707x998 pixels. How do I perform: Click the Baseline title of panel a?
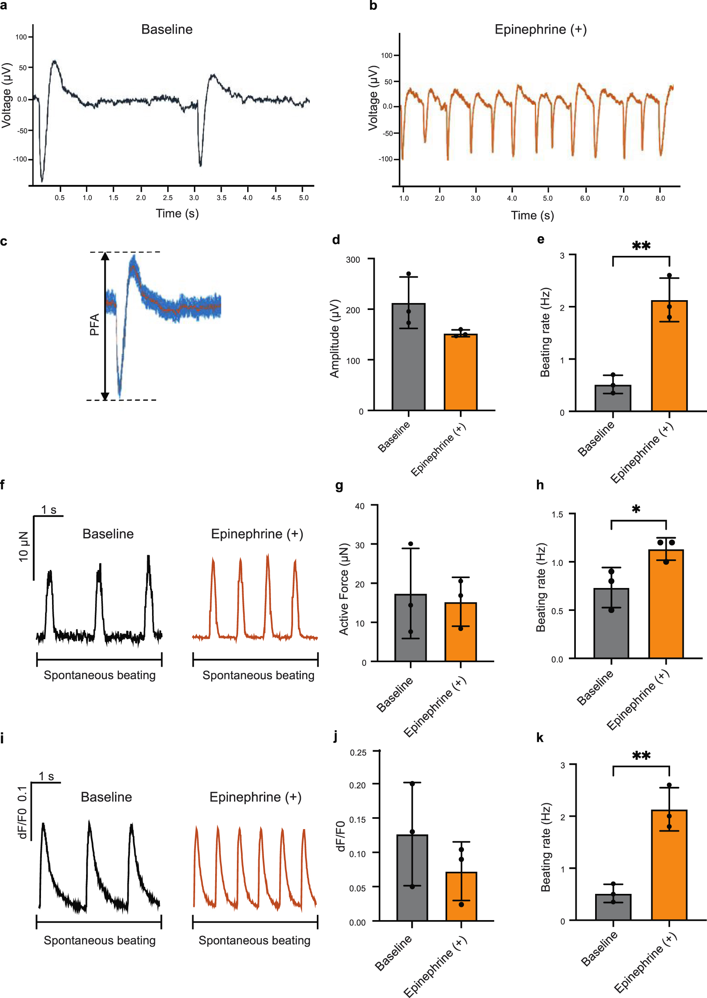click(x=167, y=30)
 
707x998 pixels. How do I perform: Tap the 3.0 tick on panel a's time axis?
click(x=194, y=198)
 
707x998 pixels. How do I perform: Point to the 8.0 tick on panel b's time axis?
click(x=660, y=198)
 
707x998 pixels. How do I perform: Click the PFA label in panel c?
click(x=94, y=325)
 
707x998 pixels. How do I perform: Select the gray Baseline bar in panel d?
click(x=408, y=357)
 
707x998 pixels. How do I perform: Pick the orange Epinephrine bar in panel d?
click(x=461, y=372)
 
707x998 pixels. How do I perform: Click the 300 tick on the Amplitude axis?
click(x=352, y=260)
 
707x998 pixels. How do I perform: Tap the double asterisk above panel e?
click(x=641, y=246)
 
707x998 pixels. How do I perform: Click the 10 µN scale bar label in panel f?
click(x=23, y=547)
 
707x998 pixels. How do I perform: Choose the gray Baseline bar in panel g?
click(x=410, y=627)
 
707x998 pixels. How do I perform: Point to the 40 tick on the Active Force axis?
click(x=359, y=506)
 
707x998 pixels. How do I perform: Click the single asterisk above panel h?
click(x=636, y=509)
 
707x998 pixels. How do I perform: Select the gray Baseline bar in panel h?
click(x=611, y=623)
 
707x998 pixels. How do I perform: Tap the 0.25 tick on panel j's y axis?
click(x=358, y=753)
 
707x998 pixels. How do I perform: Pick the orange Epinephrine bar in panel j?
click(x=461, y=896)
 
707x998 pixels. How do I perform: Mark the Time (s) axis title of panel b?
click(x=532, y=216)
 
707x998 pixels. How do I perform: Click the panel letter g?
click(x=339, y=486)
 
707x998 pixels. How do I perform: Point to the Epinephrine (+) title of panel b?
click(x=540, y=30)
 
